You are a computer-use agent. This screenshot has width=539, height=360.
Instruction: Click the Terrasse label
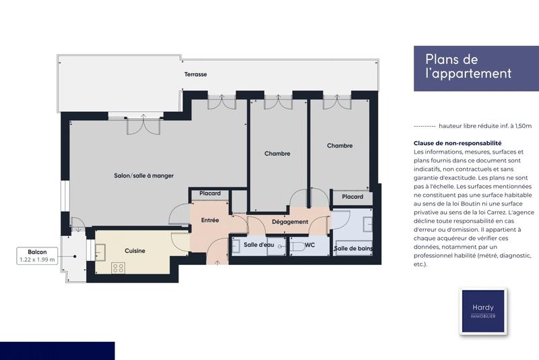(x=195, y=74)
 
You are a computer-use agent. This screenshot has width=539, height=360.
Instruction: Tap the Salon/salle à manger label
(x=144, y=175)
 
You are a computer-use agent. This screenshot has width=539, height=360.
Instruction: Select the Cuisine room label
(x=135, y=251)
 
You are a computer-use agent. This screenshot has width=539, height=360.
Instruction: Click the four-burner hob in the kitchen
(x=118, y=268)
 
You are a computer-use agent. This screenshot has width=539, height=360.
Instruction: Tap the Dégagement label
(x=290, y=222)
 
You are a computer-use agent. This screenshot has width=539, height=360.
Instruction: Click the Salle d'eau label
(x=259, y=245)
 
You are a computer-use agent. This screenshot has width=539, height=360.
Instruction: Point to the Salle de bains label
(x=354, y=249)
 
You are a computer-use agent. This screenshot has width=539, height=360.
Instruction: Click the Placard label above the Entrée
(x=210, y=194)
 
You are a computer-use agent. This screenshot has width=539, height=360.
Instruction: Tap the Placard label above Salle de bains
(x=352, y=197)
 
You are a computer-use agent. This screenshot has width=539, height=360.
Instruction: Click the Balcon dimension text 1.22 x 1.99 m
(x=36, y=260)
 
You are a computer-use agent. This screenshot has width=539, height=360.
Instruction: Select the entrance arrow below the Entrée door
(x=217, y=261)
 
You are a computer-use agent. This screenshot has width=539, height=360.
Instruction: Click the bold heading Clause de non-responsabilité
(x=457, y=144)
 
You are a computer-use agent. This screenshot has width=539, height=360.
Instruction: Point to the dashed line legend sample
(x=424, y=126)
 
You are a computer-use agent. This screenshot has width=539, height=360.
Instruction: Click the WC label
(x=311, y=245)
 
